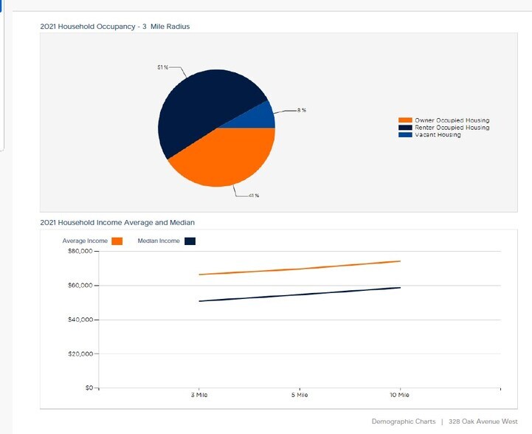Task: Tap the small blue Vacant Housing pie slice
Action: [x=263, y=119]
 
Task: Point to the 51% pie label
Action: [x=162, y=67]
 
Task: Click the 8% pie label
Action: [x=301, y=110]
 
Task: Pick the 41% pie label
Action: [x=253, y=195]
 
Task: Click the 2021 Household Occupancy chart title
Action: [x=115, y=27]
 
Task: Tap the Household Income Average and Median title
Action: [x=117, y=221]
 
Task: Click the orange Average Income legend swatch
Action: [x=117, y=241]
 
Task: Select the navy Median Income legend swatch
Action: [x=190, y=241]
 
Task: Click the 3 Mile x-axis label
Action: [x=199, y=396]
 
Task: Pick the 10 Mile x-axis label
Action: [x=399, y=396]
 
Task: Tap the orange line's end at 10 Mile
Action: [x=400, y=261]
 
